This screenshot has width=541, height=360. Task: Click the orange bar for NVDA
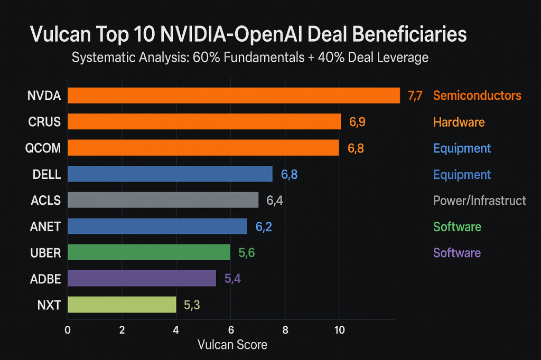234,96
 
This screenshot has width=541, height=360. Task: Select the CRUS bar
204,122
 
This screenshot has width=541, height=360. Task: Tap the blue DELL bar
170,174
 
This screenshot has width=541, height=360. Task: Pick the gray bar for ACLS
163,200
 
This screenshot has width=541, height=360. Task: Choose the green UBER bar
149,252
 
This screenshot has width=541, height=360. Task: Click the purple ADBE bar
142,278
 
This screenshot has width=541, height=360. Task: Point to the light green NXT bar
122,305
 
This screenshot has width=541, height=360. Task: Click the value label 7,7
415,96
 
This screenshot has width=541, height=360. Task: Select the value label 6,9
357,122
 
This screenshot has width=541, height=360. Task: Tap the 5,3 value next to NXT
192,305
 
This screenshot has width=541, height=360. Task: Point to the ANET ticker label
45,226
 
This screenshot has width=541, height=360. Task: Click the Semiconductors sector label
477,96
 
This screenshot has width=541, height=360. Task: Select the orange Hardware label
459,122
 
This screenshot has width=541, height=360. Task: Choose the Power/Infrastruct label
479,201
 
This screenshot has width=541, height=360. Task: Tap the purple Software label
457,252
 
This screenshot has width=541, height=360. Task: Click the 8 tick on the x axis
285,331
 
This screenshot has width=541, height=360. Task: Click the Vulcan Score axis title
232,345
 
